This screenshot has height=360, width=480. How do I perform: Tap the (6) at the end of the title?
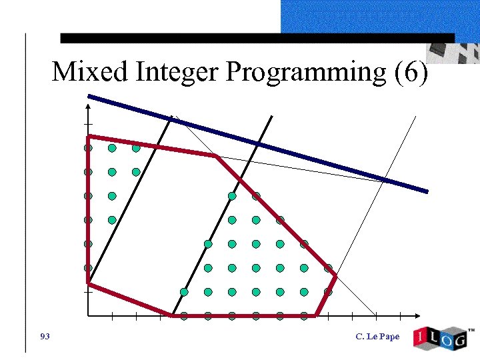411,72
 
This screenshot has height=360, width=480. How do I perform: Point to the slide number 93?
45,336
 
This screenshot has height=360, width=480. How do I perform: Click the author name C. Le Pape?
377,337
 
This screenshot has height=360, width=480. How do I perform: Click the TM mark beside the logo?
471,330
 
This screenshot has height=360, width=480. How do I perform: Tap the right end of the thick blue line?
426,191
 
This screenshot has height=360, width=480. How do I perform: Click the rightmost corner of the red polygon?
335,275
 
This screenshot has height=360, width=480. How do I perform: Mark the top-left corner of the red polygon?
89,137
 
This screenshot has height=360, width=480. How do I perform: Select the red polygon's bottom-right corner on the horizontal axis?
315,315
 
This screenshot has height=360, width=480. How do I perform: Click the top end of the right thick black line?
271,117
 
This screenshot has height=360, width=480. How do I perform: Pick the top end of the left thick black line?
171,117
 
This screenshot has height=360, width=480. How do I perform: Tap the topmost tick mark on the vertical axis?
88,125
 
